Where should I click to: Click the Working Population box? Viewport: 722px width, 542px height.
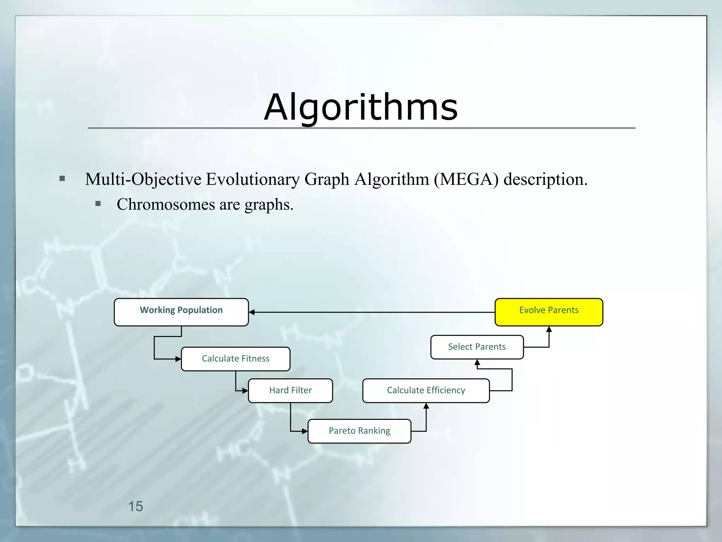click(181, 312)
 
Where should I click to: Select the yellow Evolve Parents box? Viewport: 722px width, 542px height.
click(549, 312)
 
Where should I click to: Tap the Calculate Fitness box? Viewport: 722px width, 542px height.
click(235, 359)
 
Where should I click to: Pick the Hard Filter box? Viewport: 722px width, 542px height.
click(290, 391)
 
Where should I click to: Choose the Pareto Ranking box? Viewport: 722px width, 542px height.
click(359, 431)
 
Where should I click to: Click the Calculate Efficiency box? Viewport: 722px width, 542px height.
click(426, 391)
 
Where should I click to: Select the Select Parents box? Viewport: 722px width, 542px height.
click(477, 347)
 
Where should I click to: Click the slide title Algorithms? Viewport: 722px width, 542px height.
click(361, 107)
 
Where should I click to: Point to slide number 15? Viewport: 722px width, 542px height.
click(135, 506)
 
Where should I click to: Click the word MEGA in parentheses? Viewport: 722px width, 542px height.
click(466, 179)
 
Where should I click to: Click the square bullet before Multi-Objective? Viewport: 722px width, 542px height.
click(62, 179)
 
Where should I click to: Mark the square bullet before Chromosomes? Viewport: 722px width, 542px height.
click(98, 204)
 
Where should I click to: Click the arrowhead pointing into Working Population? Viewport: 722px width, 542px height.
click(252, 312)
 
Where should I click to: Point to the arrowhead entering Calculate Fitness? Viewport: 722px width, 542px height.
click(178, 359)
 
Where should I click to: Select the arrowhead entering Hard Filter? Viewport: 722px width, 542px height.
click(245, 391)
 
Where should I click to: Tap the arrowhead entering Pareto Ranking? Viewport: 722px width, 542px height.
click(305, 431)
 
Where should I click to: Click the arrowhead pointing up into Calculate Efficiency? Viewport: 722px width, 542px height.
click(426, 406)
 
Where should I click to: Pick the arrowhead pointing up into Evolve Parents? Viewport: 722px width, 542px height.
click(549, 330)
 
